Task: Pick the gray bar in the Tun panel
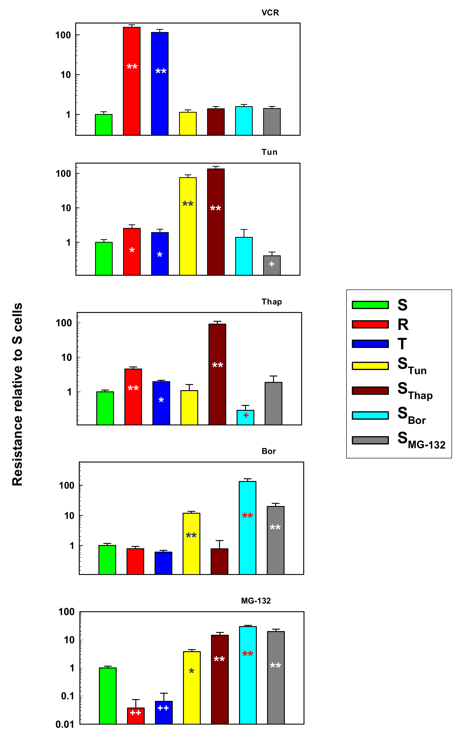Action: point(272,266)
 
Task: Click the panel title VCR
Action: point(270,13)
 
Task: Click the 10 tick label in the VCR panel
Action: point(66,75)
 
